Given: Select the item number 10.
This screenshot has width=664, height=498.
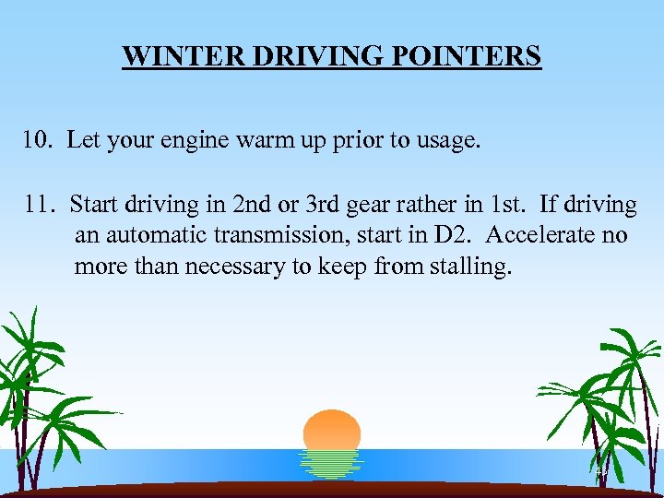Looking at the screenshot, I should [x=39, y=142].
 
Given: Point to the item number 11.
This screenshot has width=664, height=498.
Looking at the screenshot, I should [x=39, y=204].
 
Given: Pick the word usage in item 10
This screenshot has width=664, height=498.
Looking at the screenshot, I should [x=449, y=142].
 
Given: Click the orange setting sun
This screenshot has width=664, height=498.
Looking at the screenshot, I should [x=332, y=431].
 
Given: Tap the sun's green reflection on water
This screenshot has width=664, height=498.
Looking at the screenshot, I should [x=332, y=465].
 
